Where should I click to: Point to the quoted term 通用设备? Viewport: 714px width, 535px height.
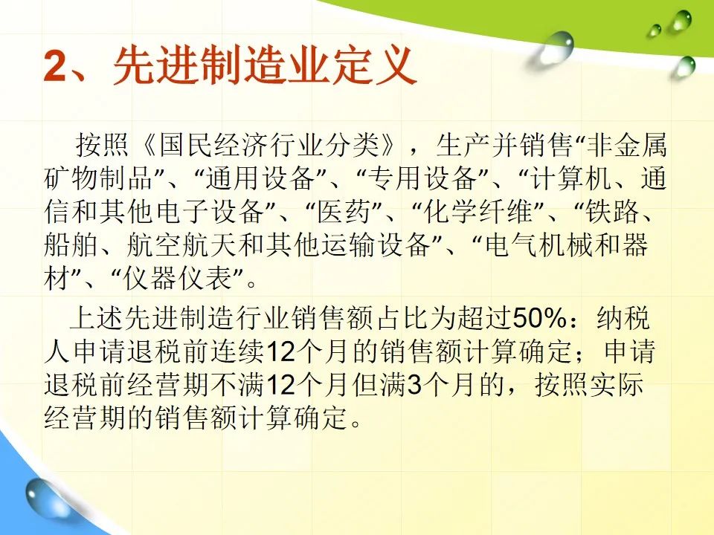tap(260, 178)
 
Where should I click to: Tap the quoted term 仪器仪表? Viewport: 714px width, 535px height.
tap(178, 279)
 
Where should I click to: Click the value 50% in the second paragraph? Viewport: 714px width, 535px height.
tap(540, 319)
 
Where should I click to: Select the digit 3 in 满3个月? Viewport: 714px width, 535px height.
tap(414, 385)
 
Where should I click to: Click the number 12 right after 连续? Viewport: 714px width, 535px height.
tap(280, 352)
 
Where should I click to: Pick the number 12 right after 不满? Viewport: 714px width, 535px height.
tap(280, 385)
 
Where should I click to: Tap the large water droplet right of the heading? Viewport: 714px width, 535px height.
tap(556, 47)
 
